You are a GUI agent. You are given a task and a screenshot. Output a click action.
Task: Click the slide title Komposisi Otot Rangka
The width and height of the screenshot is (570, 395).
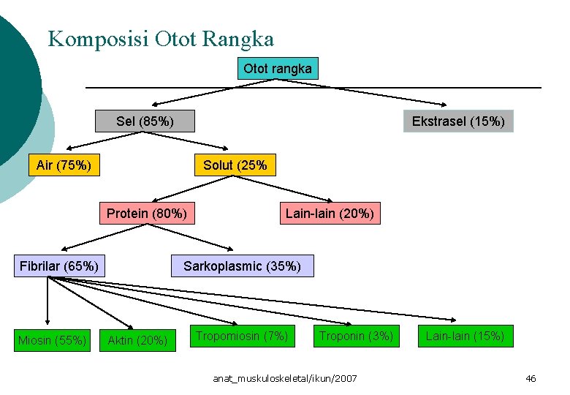pyautogui.click(x=161, y=38)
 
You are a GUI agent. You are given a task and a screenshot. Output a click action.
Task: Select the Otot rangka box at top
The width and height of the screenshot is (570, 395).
pyautogui.click(x=277, y=69)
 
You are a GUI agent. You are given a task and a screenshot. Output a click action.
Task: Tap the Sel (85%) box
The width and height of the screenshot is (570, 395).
pyautogui.click(x=145, y=121)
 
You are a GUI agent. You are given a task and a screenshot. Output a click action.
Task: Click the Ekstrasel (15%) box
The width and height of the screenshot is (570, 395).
pyautogui.click(x=458, y=121)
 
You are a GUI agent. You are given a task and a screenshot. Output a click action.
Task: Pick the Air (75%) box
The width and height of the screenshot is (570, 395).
pyautogui.click(x=64, y=165)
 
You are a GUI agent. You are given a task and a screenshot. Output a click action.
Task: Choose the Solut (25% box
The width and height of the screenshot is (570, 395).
pyautogui.click(x=235, y=165)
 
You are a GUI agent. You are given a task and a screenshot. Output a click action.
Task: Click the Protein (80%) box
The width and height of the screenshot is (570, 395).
pyautogui.click(x=147, y=214)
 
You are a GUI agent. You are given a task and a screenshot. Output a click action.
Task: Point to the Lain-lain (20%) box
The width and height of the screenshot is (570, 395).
pyautogui.click(x=330, y=214)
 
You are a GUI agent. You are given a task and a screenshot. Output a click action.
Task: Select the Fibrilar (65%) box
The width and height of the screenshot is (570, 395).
pyautogui.click(x=59, y=266)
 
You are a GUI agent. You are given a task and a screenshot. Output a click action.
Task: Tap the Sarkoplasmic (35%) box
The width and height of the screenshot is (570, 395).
pyautogui.click(x=242, y=266)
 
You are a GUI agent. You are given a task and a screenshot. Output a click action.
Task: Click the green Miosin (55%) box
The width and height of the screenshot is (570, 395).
pyautogui.click(x=53, y=339)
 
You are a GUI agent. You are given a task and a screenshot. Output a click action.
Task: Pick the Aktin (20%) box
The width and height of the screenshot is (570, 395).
pyautogui.click(x=137, y=339)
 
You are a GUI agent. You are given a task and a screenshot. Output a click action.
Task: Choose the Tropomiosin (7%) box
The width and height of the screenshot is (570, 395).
pyautogui.click(x=243, y=336)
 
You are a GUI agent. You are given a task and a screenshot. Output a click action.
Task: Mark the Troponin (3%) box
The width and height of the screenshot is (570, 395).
pyautogui.click(x=356, y=336)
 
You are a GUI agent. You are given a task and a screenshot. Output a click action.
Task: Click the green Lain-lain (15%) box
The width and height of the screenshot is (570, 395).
pyautogui.click(x=465, y=336)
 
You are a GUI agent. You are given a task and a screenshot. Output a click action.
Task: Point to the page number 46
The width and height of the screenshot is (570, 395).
pyautogui.click(x=531, y=378)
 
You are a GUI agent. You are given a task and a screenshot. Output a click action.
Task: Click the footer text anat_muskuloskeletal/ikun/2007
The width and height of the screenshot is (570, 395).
pyautogui.click(x=285, y=378)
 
